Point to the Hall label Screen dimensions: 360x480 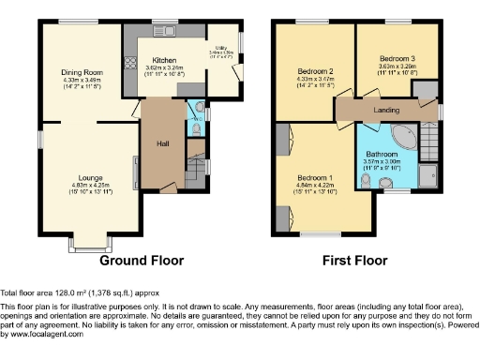tap(160, 143)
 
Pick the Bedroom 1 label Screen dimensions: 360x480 tap(315, 178)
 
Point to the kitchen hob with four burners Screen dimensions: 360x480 tap(129, 65)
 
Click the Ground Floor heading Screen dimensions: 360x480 tap(141, 260)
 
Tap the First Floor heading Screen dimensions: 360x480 tap(355, 260)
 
